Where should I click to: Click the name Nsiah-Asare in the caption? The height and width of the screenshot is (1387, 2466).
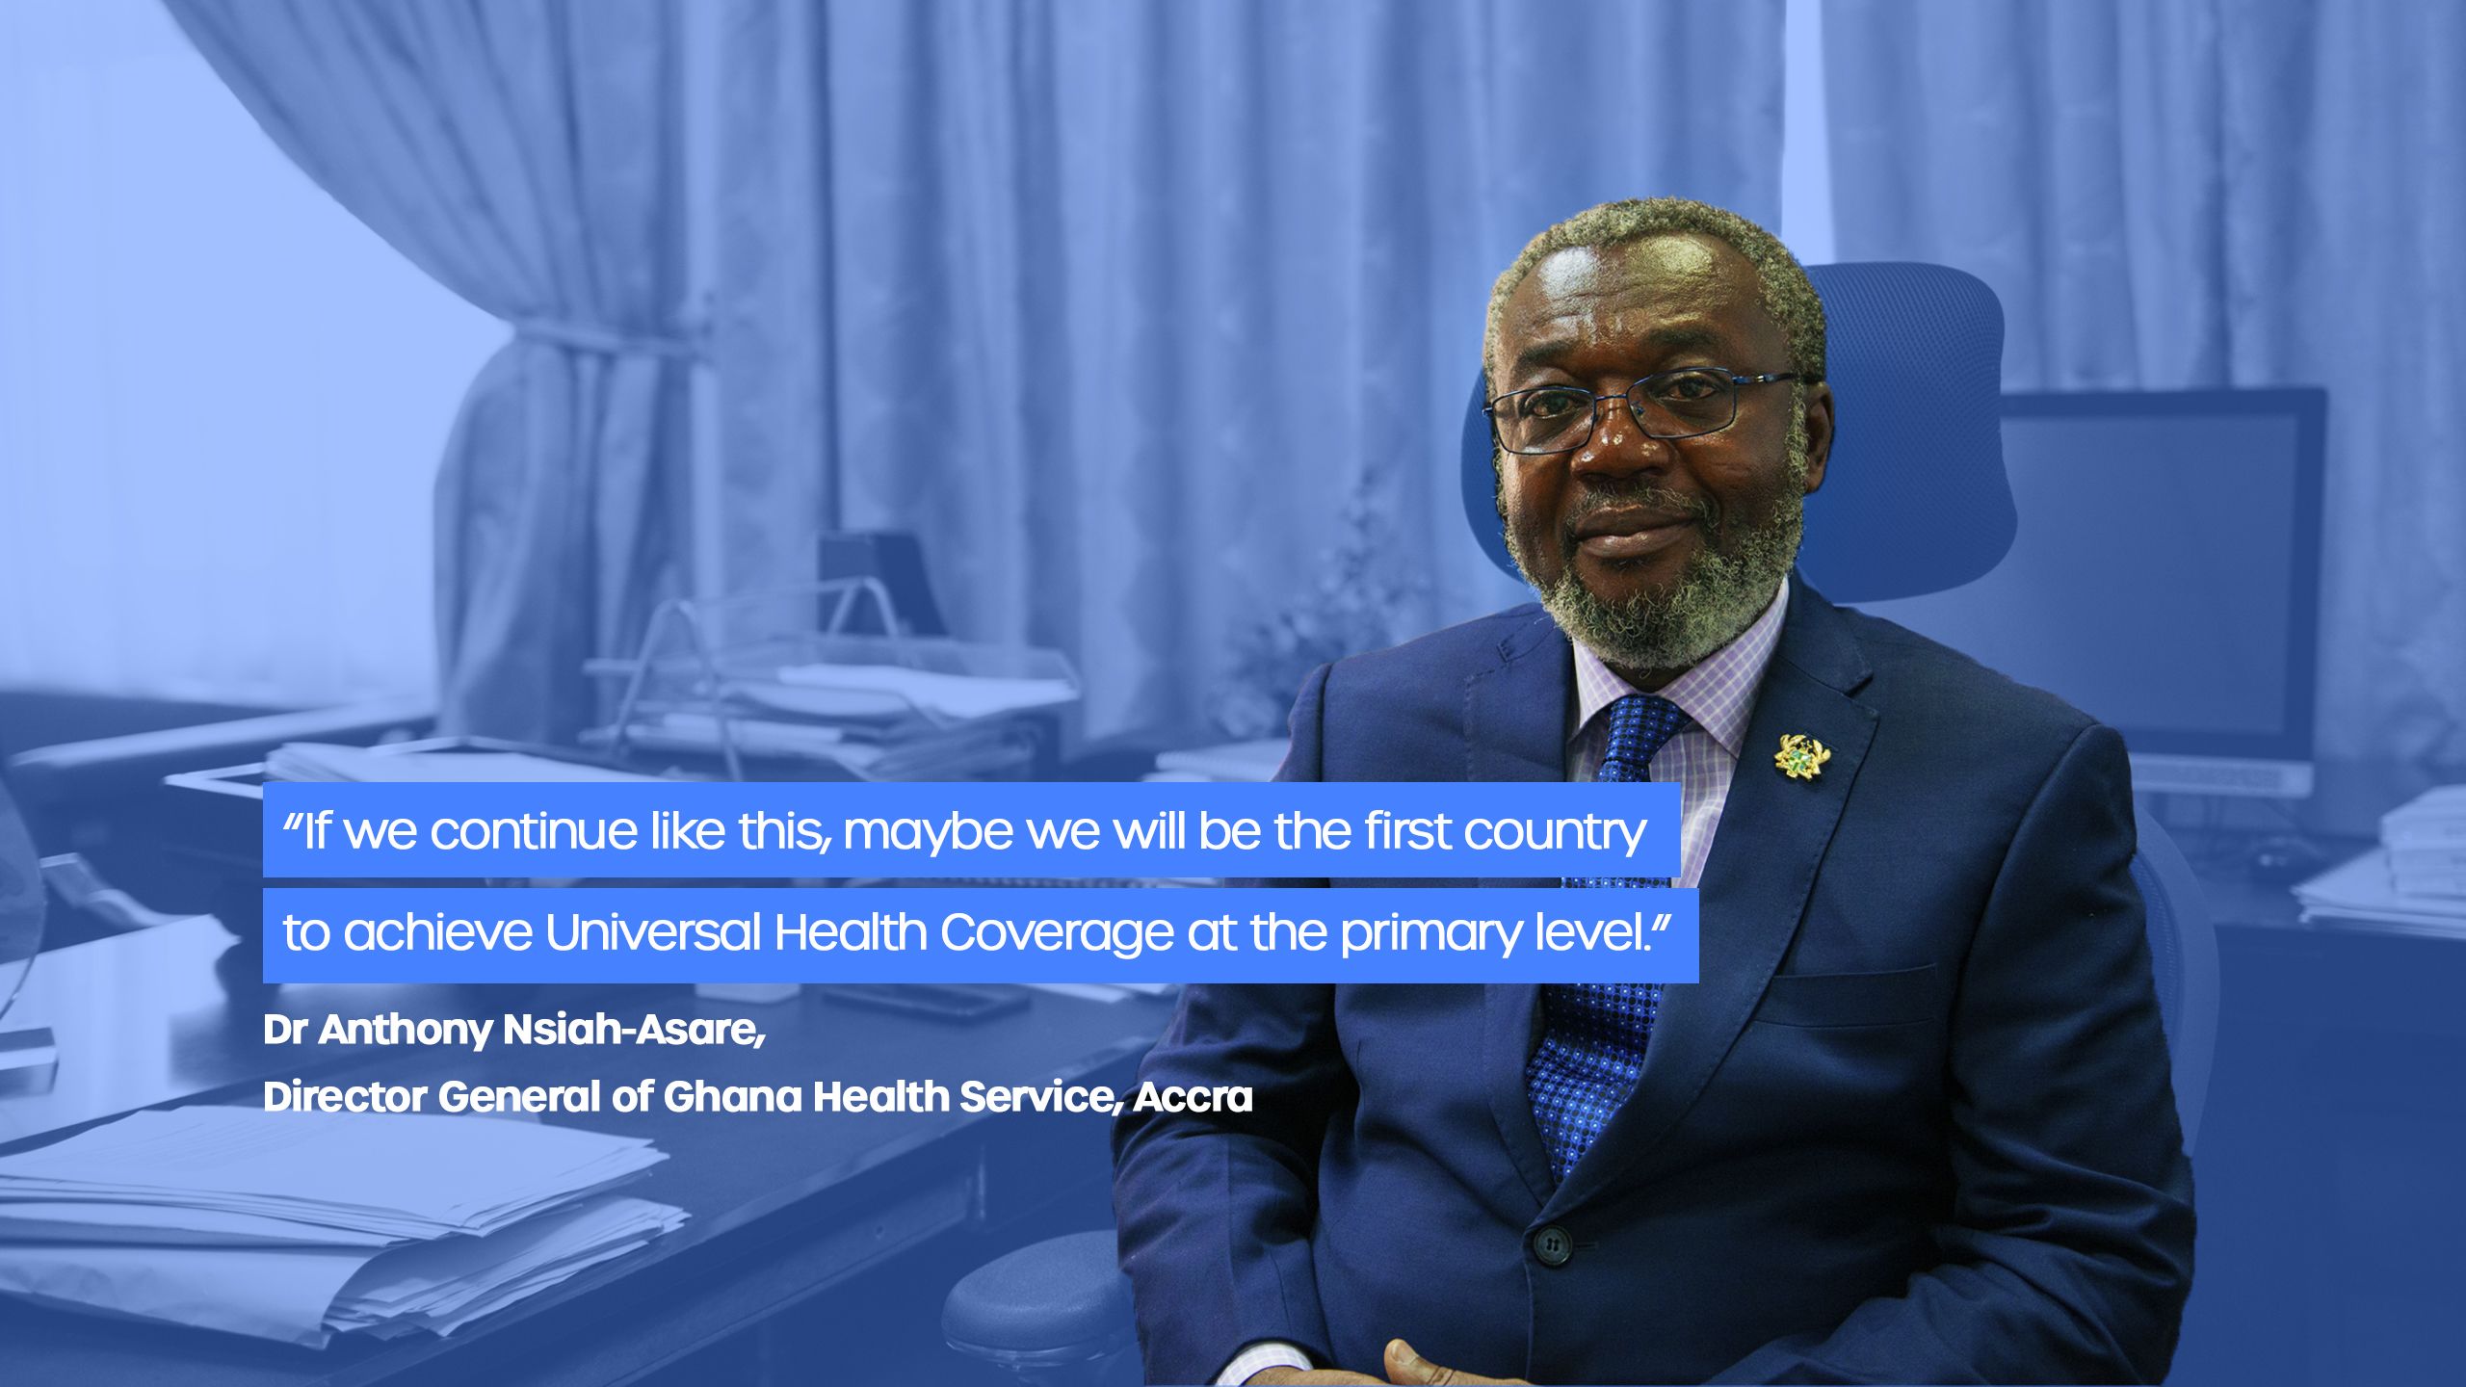point(634,1031)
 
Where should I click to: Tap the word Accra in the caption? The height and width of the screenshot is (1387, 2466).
point(1193,1097)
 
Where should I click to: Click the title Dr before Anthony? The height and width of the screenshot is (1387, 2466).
point(284,1031)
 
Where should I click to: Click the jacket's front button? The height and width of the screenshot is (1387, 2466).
point(1551,1245)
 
